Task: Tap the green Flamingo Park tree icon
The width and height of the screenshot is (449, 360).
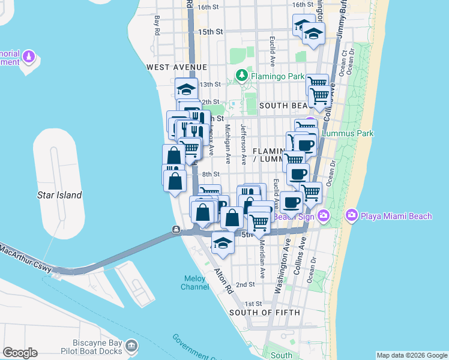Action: (x=241, y=76)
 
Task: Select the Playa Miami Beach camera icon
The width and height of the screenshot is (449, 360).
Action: (x=351, y=215)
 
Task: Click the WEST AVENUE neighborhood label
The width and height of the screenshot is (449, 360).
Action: (x=177, y=67)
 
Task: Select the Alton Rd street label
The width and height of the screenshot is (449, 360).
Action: (x=223, y=280)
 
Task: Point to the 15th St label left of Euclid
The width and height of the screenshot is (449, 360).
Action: (x=211, y=31)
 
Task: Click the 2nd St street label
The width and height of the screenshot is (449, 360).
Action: (x=246, y=284)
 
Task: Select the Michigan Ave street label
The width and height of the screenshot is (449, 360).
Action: (x=228, y=144)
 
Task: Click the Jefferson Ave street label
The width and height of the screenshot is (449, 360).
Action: (x=243, y=145)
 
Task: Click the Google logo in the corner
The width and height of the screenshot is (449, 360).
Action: (x=20, y=353)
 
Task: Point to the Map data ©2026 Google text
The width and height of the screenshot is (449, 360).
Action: (x=412, y=355)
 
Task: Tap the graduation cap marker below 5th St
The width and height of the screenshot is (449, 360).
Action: (x=223, y=243)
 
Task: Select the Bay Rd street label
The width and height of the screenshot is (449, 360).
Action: (x=157, y=25)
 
